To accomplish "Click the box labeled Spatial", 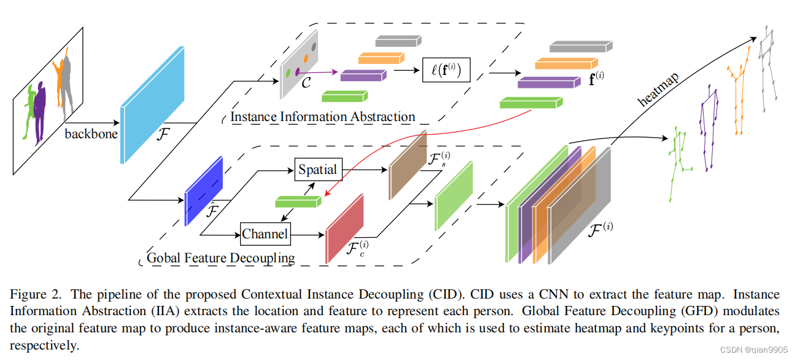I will click(x=317, y=169).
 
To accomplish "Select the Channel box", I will click(x=265, y=233).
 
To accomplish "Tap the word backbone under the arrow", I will click(x=91, y=133).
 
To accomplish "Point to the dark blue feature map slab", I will click(x=203, y=191).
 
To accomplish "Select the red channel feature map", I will click(x=344, y=228).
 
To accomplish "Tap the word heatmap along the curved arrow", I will click(x=658, y=90).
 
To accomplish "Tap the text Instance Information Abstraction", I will click(x=322, y=117).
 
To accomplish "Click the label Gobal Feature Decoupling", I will click(x=221, y=257).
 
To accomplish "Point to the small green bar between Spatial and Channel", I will click(x=298, y=202).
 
